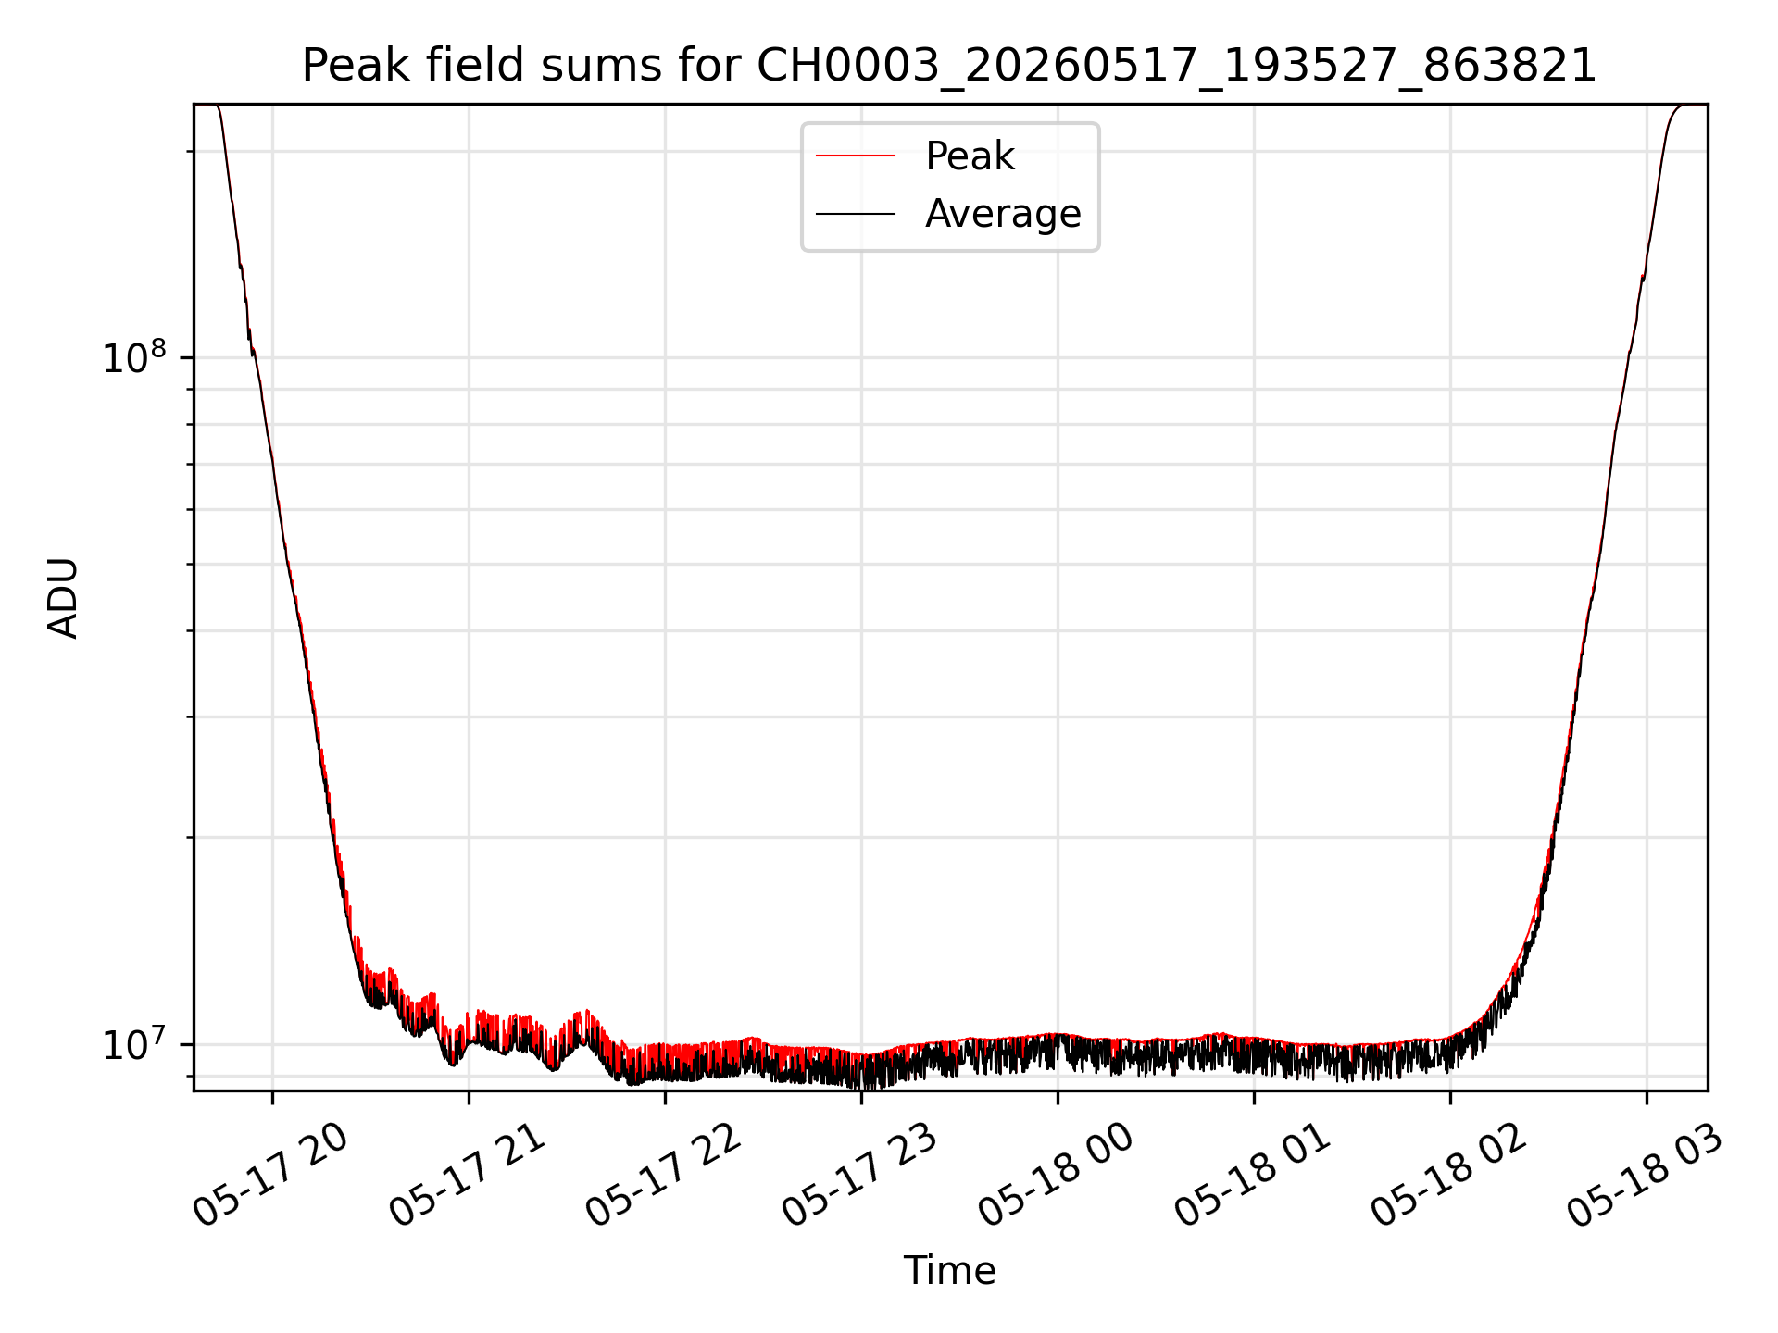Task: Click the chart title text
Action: [949, 66]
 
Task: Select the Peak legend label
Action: [970, 156]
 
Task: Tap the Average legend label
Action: [1003, 214]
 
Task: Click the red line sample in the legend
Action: [856, 156]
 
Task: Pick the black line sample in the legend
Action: [856, 214]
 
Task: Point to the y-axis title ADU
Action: [63, 598]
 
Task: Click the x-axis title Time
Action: [950, 1271]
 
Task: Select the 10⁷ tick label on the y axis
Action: [134, 1044]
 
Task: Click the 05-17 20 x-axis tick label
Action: [270, 1174]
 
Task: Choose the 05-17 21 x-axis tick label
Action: [467, 1174]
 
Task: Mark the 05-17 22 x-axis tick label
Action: [663, 1174]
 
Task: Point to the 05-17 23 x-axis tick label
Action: [859, 1174]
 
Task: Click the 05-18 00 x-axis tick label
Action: [1056, 1174]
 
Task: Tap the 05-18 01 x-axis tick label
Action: [1252, 1174]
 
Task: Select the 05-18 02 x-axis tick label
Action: [1448, 1174]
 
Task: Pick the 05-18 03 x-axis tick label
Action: [1645, 1174]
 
